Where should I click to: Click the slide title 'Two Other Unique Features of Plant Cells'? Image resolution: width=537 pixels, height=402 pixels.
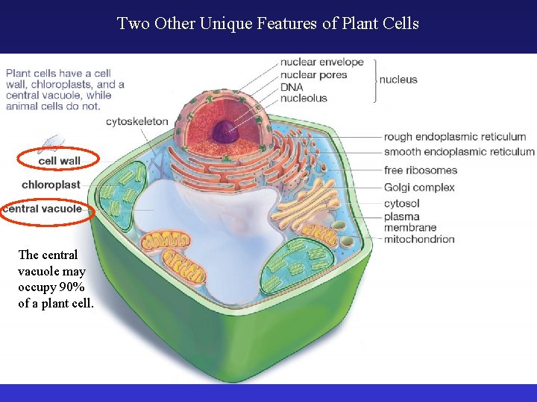click(268, 24)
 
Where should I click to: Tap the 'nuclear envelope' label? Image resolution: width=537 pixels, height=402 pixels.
click(321, 62)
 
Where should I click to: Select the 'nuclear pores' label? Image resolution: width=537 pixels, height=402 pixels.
click(313, 74)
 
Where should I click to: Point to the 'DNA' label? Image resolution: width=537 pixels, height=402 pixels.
click(292, 86)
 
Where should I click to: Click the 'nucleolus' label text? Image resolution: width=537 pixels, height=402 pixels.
click(304, 98)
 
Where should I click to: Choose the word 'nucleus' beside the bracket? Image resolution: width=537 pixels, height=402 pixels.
click(398, 80)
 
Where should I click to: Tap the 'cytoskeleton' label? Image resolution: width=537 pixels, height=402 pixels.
click(136, 121)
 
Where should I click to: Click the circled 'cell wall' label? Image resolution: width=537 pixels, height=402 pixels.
click(59, 161)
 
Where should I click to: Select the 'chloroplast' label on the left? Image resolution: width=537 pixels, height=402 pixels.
click(51, 185)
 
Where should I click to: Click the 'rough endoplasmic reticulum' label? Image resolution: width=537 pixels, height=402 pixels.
click(455, 137)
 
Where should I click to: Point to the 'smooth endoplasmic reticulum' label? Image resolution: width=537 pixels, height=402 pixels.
click(459, 152)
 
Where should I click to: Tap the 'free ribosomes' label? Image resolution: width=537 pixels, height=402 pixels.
click(420, 170)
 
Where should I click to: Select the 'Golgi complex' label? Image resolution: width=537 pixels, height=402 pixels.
click(419, 188)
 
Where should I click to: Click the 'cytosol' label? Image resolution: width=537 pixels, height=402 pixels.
click(401, 203)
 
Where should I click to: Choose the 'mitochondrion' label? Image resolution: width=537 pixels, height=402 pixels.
click(418, 239)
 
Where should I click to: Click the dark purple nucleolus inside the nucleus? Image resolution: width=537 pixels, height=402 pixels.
click(222, 132)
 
